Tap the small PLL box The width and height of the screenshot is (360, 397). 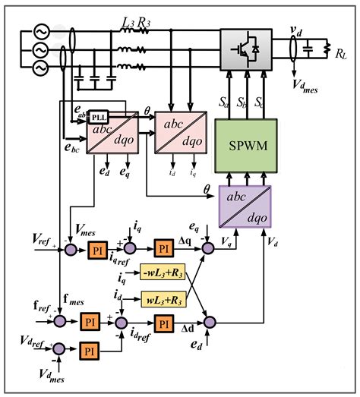[99, 117]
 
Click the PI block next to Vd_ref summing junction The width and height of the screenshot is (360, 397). [90, 351]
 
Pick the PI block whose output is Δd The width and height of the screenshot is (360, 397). [163, 323]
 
